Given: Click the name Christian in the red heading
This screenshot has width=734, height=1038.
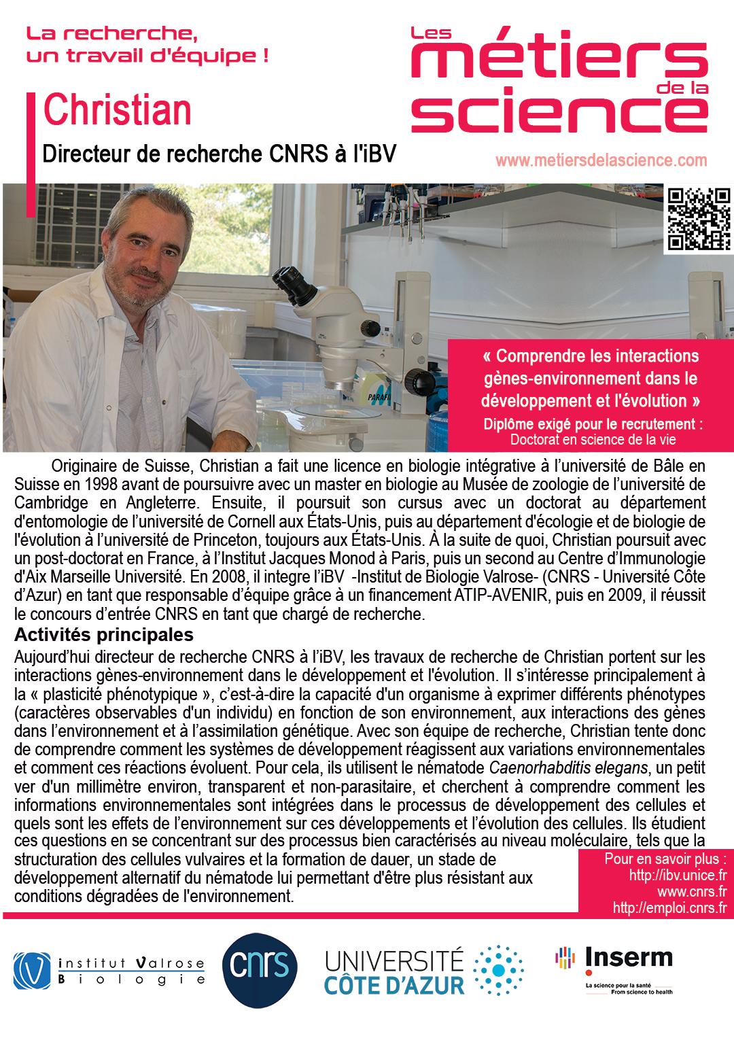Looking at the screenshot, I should tap(117, 110).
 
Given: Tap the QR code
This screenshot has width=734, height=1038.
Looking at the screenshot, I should tap(698, 219).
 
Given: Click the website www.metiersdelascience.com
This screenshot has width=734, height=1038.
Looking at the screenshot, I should tap(601, 160).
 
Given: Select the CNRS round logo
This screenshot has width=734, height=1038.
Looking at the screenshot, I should tap(260, 969).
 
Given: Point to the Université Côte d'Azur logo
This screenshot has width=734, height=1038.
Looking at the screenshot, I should tap(423, 971).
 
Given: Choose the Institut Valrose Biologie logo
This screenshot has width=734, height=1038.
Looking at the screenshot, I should tap(109, 971).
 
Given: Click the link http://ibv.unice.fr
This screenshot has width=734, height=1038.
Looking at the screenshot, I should tap(677, 876).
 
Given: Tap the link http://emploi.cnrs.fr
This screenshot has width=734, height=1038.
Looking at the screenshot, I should tap(669, 908).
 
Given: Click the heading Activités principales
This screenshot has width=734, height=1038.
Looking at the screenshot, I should tap(104, 635).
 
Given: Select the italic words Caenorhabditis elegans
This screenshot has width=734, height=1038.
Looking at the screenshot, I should tap(568, 768).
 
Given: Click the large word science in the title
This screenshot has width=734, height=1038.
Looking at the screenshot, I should tap(559, 113).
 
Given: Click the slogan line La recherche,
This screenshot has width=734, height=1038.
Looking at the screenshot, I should tap(112, 33).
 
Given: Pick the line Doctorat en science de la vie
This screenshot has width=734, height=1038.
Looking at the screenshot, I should tap(593, 440).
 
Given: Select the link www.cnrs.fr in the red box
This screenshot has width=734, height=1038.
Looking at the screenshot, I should tap(691, 892).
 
